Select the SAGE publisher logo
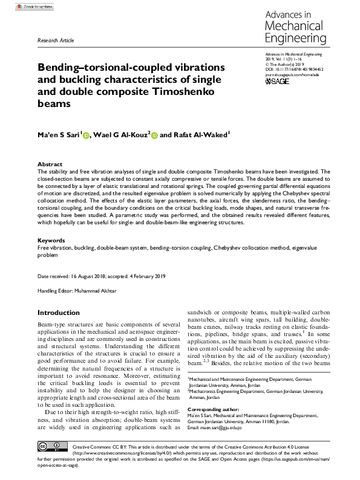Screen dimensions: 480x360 pos(278,81)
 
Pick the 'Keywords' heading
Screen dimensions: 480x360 pos(51,241)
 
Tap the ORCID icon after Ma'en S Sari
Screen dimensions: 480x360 pos(86,137)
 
